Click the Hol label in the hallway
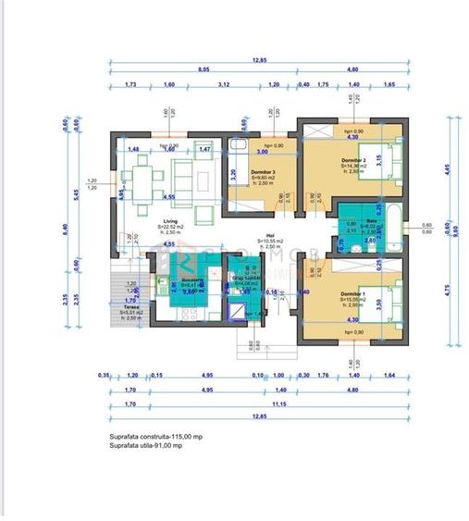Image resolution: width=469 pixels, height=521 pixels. (x=271, y=235)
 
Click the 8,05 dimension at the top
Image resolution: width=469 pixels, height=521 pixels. (x=204, y=68)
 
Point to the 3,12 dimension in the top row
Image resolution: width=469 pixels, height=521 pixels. (x=223, y=84)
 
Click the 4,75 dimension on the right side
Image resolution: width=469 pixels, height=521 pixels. (x=447, y=290)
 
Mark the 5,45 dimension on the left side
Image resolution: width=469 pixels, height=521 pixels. (x=77, y=195)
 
